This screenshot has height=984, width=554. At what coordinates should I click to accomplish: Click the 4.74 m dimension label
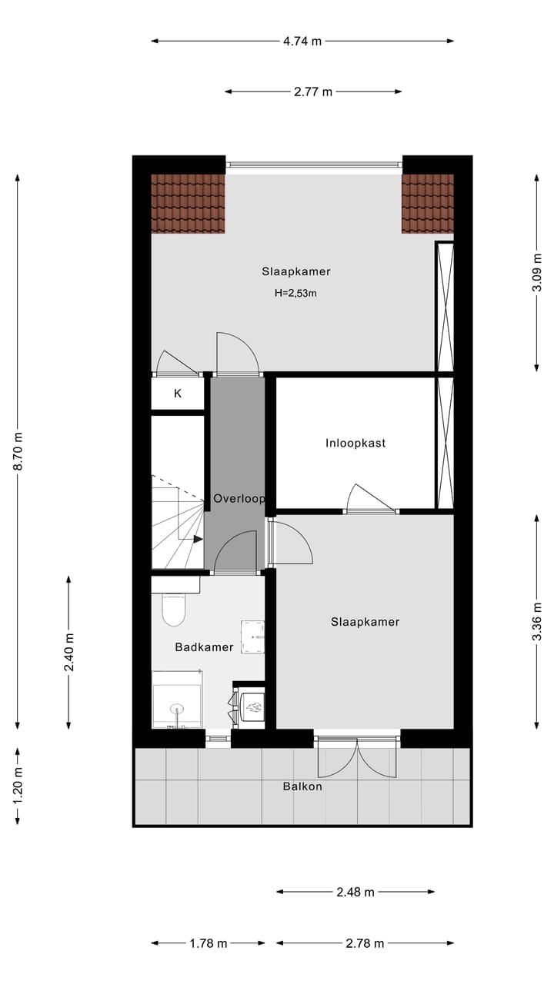tap(302, 42)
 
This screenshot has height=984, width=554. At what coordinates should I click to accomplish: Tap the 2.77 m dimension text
tap(313, 92)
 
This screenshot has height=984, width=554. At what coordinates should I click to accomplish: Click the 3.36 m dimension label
tap(537, 620)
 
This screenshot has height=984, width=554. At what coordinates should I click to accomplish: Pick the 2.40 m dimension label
tap(69, 651)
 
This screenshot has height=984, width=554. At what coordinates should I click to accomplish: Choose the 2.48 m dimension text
tap(355, 893)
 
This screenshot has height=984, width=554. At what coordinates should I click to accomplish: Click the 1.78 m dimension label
tap(208, 943)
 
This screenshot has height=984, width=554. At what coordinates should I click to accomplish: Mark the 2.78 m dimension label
tap(365, 943)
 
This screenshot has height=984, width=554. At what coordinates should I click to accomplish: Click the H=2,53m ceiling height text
tap(296, 293)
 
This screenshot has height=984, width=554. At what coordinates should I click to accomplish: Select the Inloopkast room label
tap(355, 443)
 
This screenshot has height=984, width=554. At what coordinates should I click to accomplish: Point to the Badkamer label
tap(204, 647)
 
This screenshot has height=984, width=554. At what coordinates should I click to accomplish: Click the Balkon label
tap(302, 786)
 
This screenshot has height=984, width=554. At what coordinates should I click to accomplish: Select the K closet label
tap(178, 394)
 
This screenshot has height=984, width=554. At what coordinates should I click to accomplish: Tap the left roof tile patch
tap(188, 203)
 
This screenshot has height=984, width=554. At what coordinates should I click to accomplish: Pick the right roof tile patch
tap(427, 203)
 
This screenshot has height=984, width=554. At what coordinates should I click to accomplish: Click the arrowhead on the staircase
tap(199, 539)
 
